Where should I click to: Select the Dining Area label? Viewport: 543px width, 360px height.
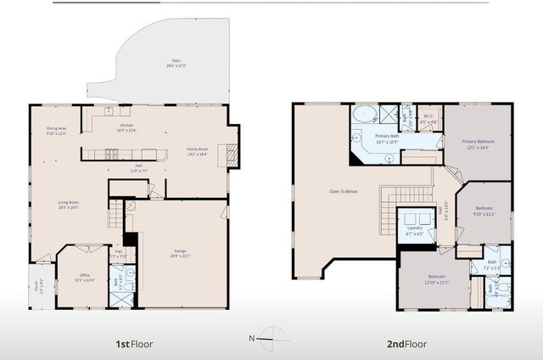(x=55, y=131)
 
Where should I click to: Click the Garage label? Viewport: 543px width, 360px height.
(x=180, y=252)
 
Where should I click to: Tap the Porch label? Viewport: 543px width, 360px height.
(x=37, y=284)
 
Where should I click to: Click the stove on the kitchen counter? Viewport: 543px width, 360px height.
(x=109, y=154)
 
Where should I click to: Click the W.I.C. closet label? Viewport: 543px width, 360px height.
(x=429, y=118)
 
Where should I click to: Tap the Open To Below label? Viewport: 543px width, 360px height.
(x=343, y=191)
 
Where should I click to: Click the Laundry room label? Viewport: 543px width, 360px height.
(x=414, y=229)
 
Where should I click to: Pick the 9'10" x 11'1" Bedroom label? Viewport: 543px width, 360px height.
(x=484, y=211)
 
